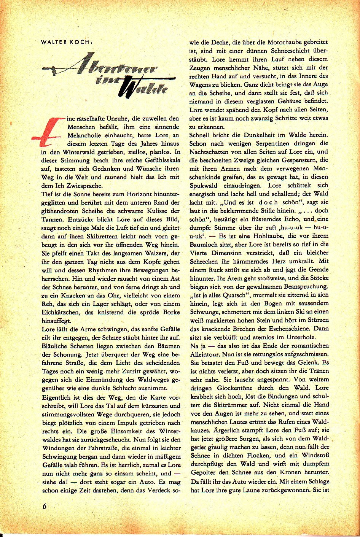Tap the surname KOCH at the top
point(80,42)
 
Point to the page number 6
point(45,507)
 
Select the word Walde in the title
point(143,87)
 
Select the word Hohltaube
point(258,236)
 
